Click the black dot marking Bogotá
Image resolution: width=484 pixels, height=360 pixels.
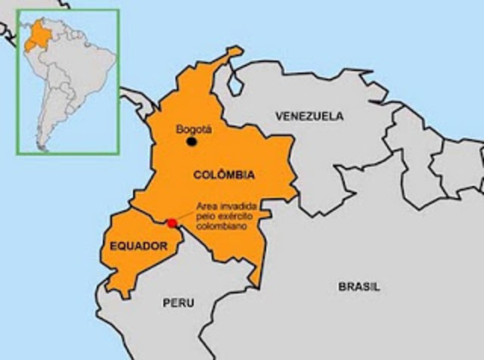pos(192,141)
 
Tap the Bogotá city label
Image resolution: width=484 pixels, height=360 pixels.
pos(194,129)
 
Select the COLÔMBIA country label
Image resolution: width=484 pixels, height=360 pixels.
pos(224,175)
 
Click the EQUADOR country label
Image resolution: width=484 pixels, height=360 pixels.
pos(138,246)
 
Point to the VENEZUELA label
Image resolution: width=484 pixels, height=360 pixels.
pos(309,116)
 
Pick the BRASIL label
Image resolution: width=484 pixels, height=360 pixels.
pos(358,287)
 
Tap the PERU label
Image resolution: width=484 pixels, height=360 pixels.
pos(178,303)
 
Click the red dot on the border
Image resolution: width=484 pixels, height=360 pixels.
pos(172,223)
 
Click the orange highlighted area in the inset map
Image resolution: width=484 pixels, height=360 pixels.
pos(34,38)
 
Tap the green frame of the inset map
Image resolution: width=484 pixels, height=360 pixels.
pos(119,83)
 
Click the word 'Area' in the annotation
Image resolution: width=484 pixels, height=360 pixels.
pos(206,206)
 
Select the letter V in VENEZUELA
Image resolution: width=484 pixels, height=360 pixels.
pos(278,116)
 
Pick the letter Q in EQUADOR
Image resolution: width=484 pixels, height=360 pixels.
pos(120,246)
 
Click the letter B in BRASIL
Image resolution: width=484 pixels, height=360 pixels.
pos(341,287)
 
